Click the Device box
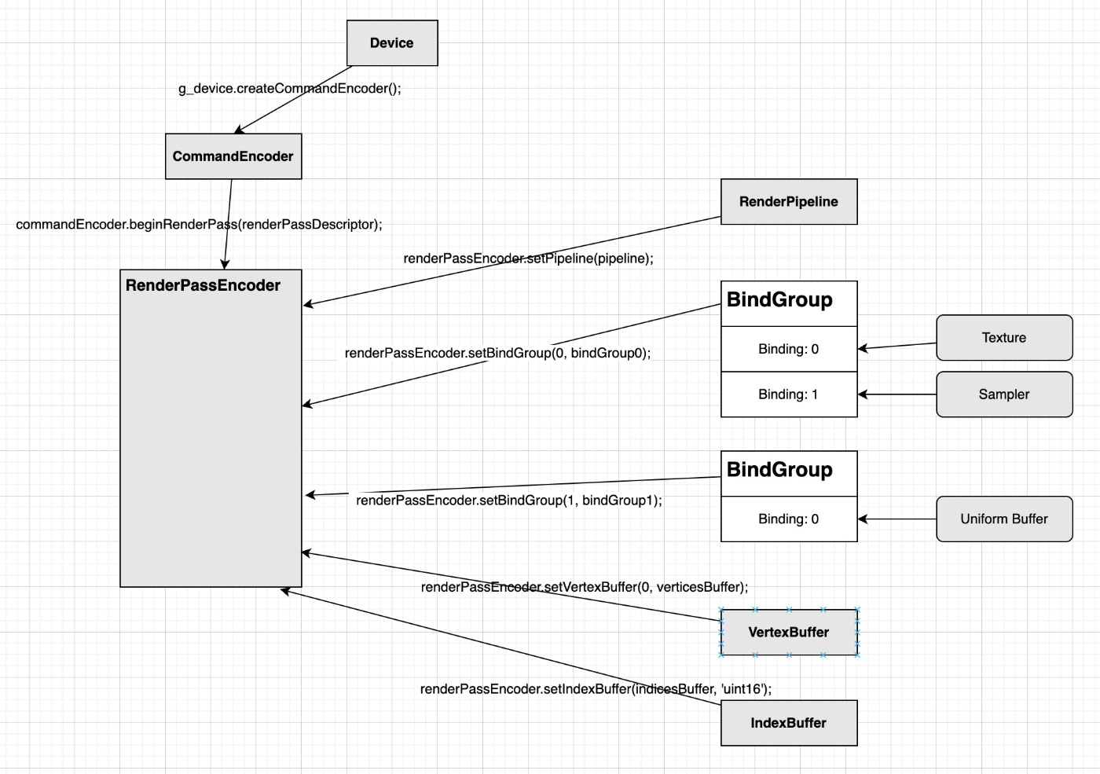point(391,43)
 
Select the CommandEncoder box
point(233,156)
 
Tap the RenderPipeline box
point(788,202)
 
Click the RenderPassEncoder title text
point(203,285)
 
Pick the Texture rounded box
point(1003,338)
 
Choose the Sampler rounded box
point(1003,394)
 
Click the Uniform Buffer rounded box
point(1003,519)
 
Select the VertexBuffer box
point(788,633)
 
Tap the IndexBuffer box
point(788,723)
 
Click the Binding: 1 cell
point(788,394)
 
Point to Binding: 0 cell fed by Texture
point(788,349)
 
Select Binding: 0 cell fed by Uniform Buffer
point(788,519)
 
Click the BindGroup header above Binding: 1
point(788,303)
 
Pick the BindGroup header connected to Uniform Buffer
point(788,473)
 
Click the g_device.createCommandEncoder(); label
point(289,89)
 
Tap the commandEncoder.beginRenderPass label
point(199,225)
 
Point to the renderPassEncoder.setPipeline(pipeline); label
point(528,259)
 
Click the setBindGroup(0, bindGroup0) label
point(497,354)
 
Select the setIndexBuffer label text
point(596,689)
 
